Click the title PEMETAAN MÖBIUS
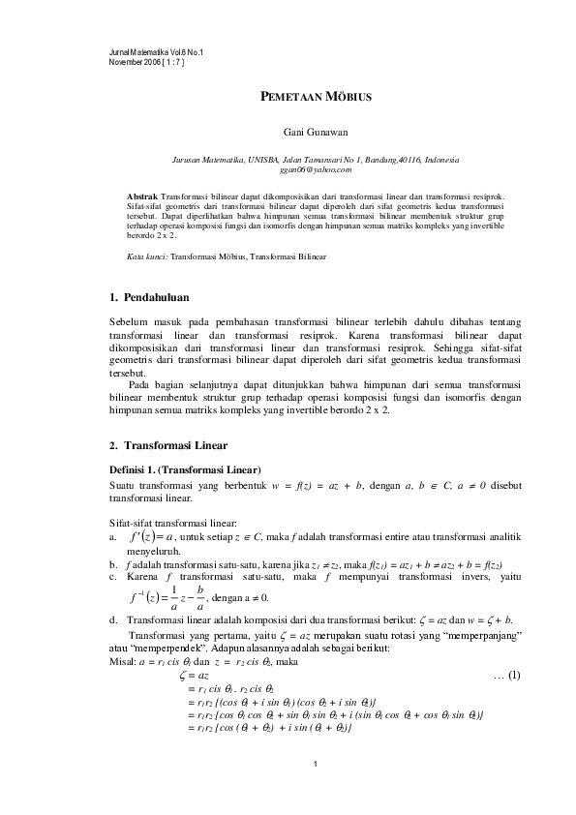pyautogui.click(x=313, y=98)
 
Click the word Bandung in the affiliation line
pyautogui.click(x=370, y=159)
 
